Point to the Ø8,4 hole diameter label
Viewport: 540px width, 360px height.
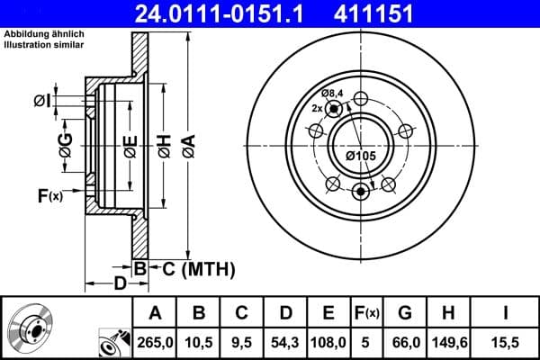tap(334, 94)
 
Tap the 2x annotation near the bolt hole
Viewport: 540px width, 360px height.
tap(316, 108)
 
